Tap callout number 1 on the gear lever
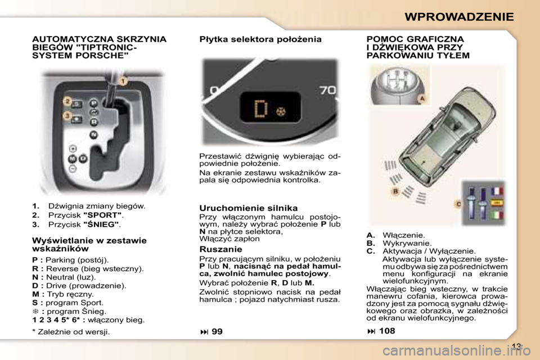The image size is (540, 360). (x=122, y=82)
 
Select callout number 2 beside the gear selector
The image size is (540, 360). (x=67, y=102)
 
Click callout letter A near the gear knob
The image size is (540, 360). (x=421, y=97)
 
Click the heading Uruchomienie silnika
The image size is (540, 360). (x=249, y=208)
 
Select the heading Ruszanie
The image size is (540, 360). (x=221, y=249)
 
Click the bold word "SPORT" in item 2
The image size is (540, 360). (x=102, y=215)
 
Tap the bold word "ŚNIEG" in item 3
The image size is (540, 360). (x=101, y=224)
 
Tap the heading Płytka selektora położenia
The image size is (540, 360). (x=260, y=39)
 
